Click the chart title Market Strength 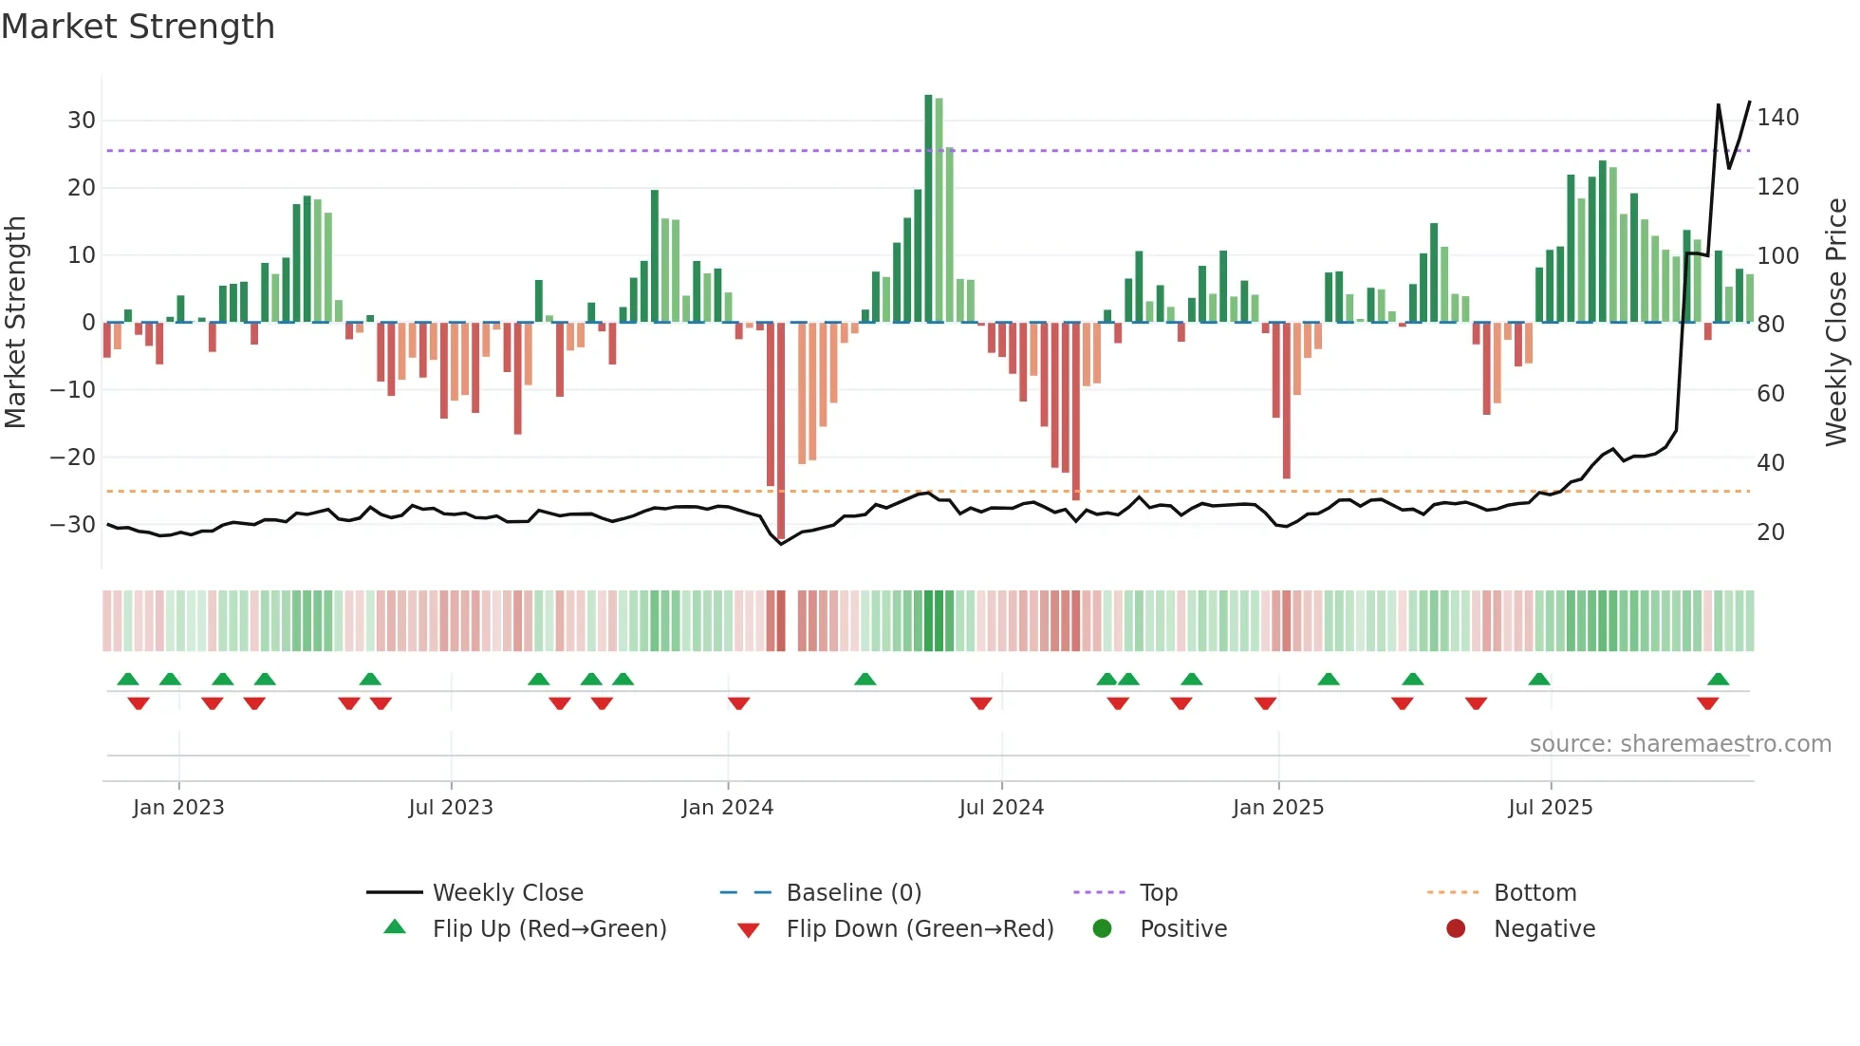(x=139, y=27)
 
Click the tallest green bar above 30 (x=928, y=209)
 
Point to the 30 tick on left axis (x=82, y=121)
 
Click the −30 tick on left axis (x=73, y=525)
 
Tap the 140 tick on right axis (x=1777, y=118)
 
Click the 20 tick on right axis (x=1771, y=532)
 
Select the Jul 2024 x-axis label (x=1001, y=808)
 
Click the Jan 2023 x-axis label (x=178, y=808)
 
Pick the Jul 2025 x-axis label (x=1550, y=808)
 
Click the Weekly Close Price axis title (x=1836, y=323)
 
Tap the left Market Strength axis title (x=15, y=323)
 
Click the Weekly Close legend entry (x=507, y=893)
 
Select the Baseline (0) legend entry (x=853, y=893)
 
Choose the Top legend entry (x=1158, y=893)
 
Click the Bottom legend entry (x=1534, y=893)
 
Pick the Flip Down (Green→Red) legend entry (x=919, y=929)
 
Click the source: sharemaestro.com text (x=1680, y=744)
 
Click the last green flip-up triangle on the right (x=1718, y=680)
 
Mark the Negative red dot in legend (x=1456, y=929)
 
